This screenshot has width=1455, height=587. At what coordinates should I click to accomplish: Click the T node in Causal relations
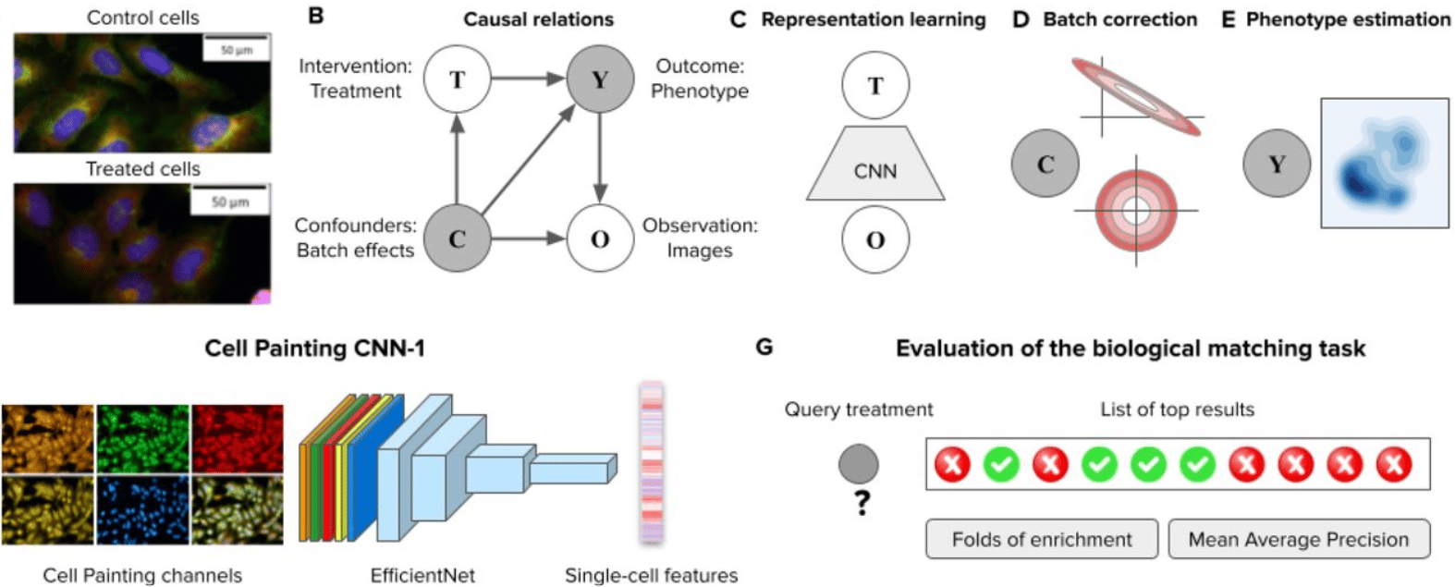[x=457, y=79]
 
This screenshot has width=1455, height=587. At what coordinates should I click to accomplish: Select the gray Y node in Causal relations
[x=600, y=79]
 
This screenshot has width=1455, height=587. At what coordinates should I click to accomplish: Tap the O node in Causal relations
[x=600, y=238]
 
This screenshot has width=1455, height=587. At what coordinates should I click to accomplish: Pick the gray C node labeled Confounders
[x=457, y=238]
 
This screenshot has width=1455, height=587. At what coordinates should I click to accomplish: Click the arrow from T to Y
[x=527, y=79]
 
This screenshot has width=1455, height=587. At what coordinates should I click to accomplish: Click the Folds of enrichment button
[x=1042, y=539]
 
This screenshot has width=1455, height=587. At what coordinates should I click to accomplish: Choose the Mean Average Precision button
[x=1298, y=539]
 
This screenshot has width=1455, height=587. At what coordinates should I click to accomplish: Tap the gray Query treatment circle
[x=859, y=464]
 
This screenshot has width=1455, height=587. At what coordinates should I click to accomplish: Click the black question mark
[x=862, y=503]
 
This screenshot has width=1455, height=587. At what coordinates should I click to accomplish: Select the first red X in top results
[x=952, y=464]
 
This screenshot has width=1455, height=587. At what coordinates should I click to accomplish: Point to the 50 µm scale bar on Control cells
[x=236, y=48]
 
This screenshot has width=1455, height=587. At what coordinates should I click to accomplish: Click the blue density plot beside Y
[x=1384, y=162]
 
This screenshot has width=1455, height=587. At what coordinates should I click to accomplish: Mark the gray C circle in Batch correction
[x=1045, y=164]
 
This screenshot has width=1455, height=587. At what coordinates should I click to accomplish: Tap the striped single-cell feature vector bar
[x=652, y=462]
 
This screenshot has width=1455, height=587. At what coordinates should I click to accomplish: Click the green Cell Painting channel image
[x=142, y=438]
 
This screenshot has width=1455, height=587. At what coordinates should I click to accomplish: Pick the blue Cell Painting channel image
[x=142, y=510]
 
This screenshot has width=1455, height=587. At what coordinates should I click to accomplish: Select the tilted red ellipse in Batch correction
[x=1136, y=96]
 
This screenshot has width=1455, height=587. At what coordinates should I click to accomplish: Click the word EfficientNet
[x=422, y=576]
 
